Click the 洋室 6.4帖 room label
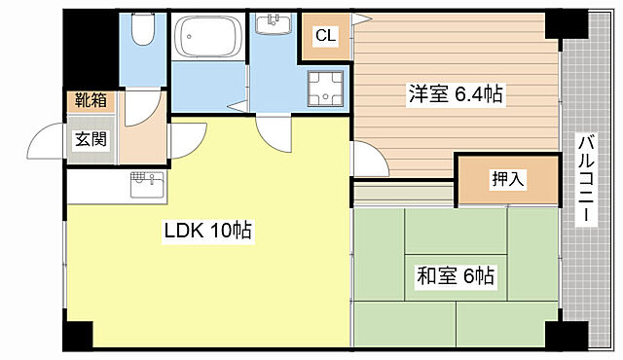[456, 94]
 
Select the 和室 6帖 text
[455, 276]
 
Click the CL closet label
[324, 37]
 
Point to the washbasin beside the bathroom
[274, 23]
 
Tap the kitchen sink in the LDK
[144, 180]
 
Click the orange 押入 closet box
[508, 180]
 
